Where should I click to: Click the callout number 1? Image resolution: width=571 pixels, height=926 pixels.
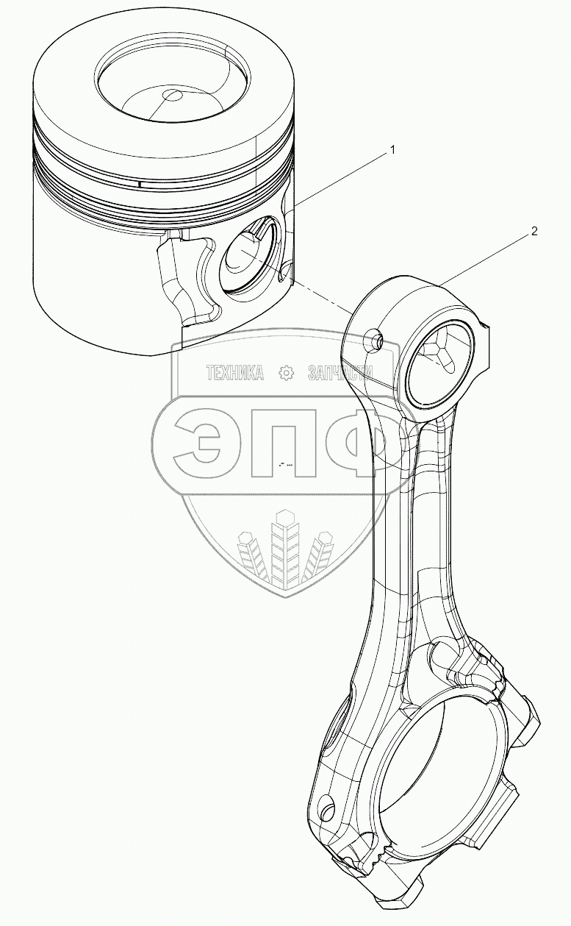coord(392,149)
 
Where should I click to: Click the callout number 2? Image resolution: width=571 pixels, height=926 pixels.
coord(534,232)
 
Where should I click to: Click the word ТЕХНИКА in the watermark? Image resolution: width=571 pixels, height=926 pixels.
coord(234,374)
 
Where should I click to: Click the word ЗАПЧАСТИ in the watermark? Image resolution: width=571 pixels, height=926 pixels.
coord(342,374)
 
